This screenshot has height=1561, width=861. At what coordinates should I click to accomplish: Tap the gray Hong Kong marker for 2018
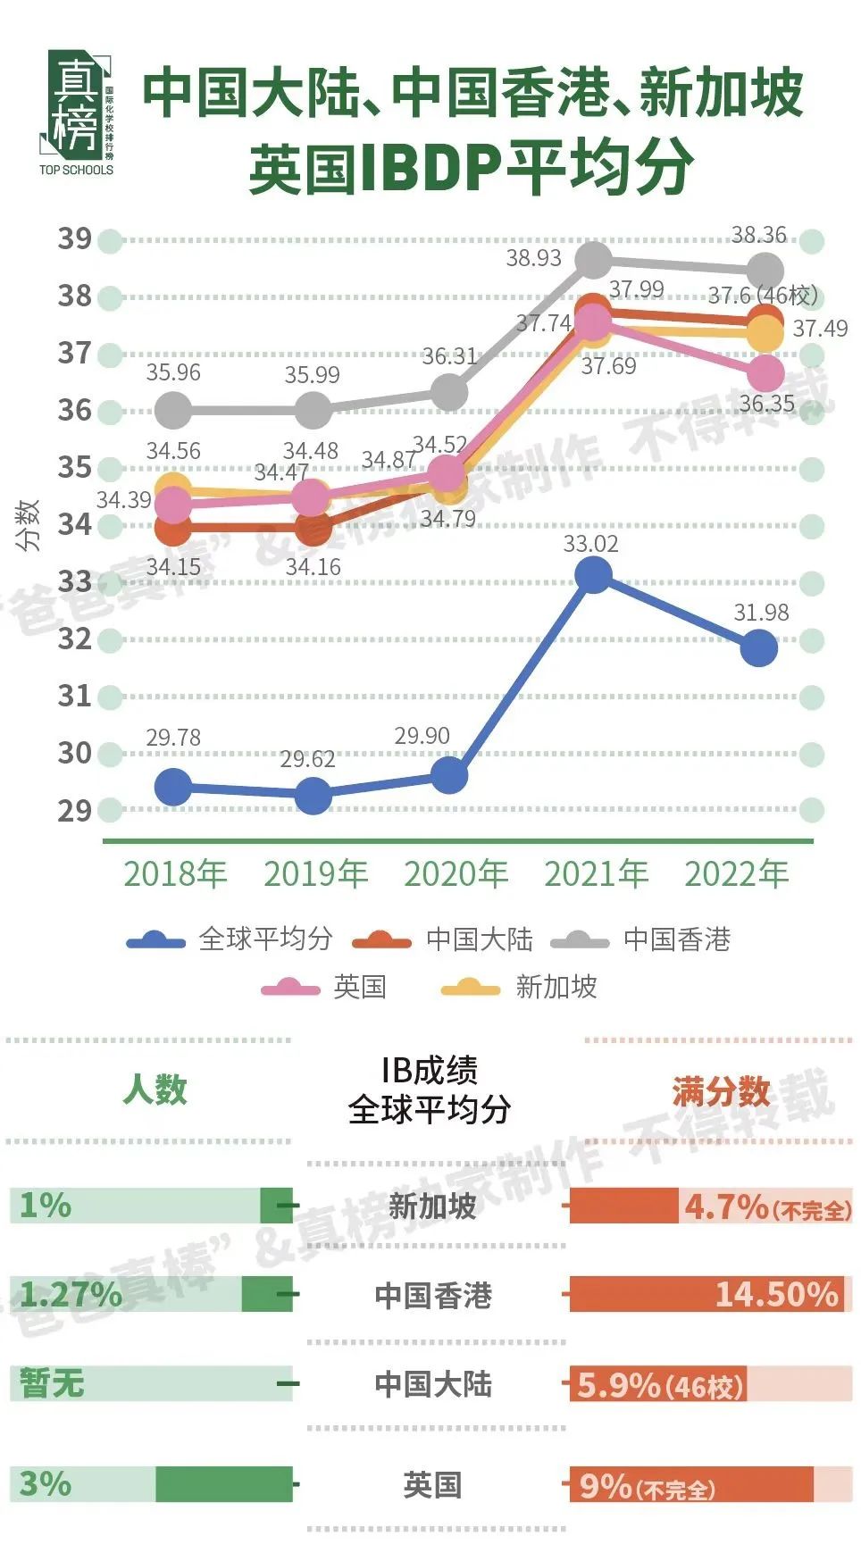pyautogui.click(x=173, y=411)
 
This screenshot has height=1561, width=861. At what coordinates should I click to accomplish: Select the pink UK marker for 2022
pyautogui.click(x=765, y=374)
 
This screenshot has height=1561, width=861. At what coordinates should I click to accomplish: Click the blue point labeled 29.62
pyautogui.click(x=313, y=795)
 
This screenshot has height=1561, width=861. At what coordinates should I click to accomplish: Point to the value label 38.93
pyautogui.click(x=533, y=258)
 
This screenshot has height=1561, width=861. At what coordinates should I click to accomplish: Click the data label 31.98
pyautogui.click(x=761, y=613)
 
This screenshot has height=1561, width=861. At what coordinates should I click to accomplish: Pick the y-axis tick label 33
pyautogui.click(x=75, y=582)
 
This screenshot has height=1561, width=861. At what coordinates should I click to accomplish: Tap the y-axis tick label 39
pyautogui.click(x=75, y=239)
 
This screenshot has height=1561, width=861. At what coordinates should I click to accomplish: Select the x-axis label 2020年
pyautogui.click(x=456, y=873)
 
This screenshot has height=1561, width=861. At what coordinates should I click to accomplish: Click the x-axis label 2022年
pyautogui.click(x=737, y=873)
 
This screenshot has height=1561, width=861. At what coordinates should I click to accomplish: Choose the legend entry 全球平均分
pyautogui.click(x=264, y=939)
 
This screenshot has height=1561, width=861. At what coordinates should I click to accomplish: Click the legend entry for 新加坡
pyautogui.click(x=556, y=987)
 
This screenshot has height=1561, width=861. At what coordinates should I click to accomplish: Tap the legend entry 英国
pyautogui.click(x=359, y=987)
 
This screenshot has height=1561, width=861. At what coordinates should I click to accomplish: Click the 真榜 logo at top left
pyautogui.click(x=77, y=113)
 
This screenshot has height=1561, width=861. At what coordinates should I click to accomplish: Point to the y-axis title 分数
pyautogui.click(x=29, y=525)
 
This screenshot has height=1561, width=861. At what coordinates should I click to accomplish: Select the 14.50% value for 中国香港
pyautogui.click(x=776, y=1294)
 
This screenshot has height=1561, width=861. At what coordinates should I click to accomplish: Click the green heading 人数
pyautogui.click(x=155, y=1089)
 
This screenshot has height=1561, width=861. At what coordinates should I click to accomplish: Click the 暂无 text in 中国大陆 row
pyautogui.click(x=52, y=1383)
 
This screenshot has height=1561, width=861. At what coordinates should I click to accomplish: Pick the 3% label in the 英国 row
pyautogui.click(x=45, y=1483)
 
